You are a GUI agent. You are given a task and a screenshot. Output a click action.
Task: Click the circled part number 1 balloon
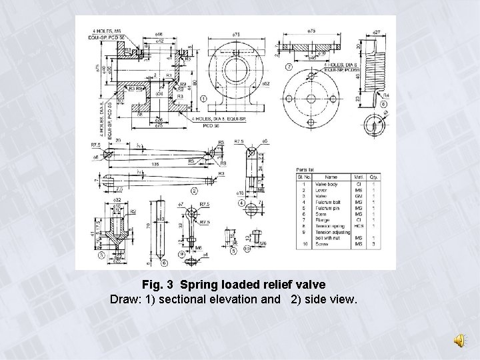point(203,99)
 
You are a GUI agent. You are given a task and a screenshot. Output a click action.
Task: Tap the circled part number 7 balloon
point(287,67)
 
